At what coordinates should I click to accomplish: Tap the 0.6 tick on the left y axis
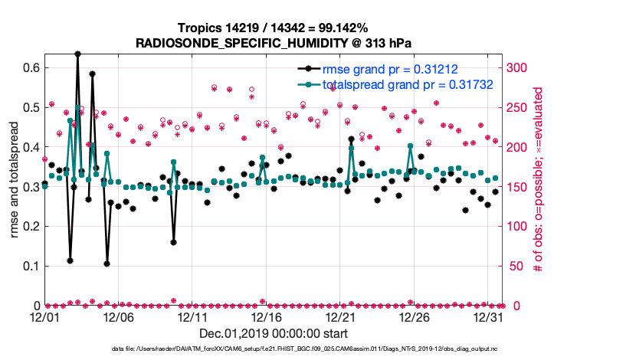pyautogui.click(x=31, y=67)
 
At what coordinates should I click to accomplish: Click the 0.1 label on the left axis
pyautogui.click(x=31, y=266)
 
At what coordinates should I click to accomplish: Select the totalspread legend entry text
pyautogui.click(x=406, y=84)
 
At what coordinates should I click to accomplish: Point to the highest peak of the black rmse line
pyautogui.click(x=77, y=54)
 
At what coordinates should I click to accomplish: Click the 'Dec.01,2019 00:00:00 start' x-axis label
pyautogui.click(x=274, y=333)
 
